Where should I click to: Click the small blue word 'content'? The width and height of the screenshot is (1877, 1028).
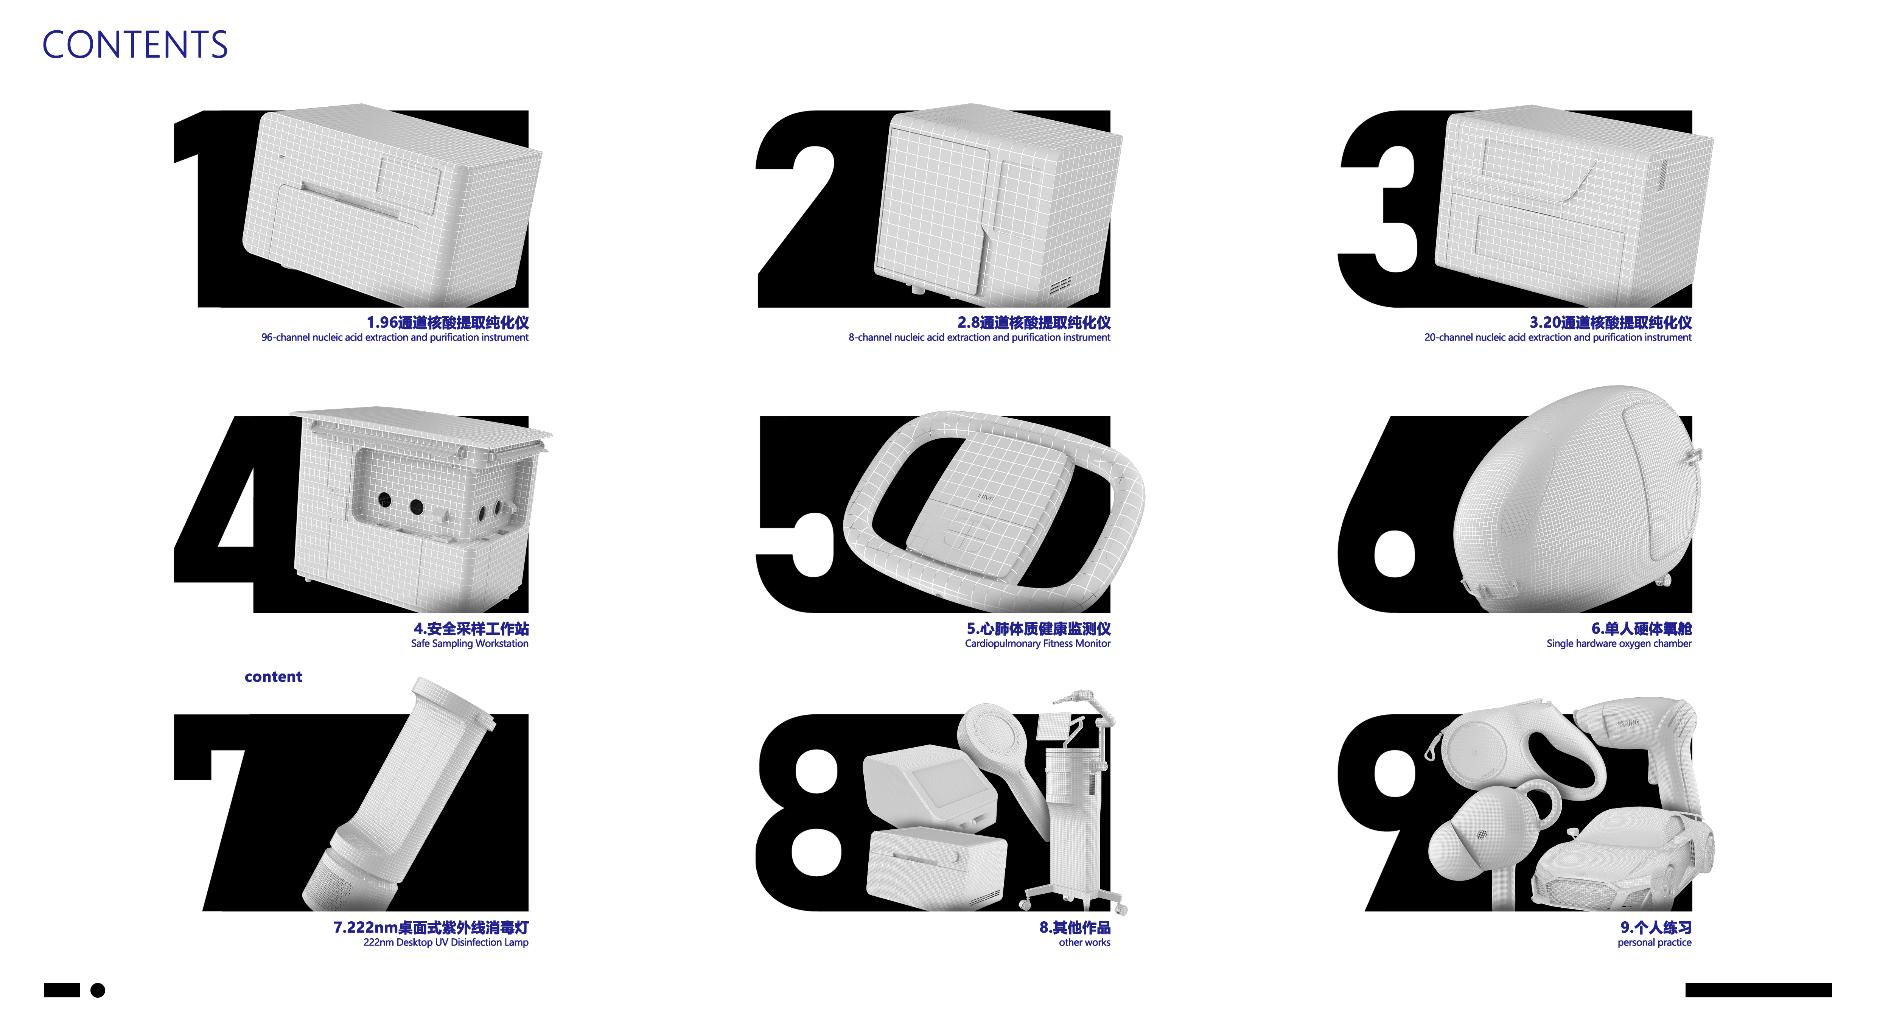point(273,677)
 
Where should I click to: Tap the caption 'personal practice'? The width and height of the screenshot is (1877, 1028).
point(1654,942)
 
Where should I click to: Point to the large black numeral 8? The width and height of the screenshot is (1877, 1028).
point(809,816)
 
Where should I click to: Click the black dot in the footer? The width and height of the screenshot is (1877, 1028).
point(98,990)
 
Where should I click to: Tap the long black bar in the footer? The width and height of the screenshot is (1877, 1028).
point(1757,990)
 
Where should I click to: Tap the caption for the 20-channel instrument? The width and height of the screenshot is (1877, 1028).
point(1557,337)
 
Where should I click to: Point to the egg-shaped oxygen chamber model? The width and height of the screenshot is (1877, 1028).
point(1574,503)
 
